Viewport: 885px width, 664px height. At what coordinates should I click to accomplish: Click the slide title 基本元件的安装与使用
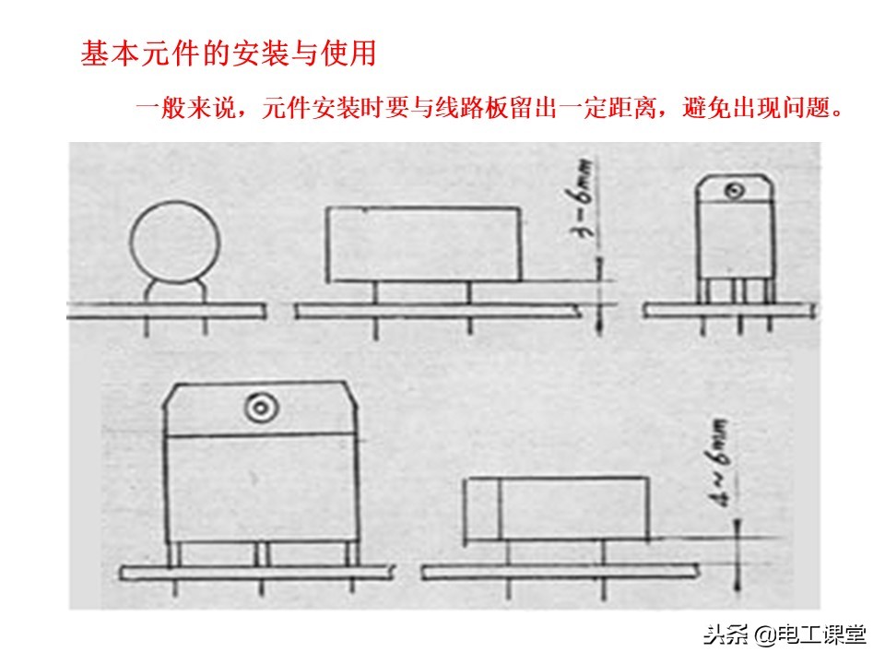[229, 53]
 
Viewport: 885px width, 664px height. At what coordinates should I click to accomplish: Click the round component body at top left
[174, 241]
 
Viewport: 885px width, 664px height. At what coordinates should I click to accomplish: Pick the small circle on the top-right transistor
[734, 191]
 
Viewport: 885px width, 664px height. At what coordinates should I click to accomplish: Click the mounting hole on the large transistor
[259, 407]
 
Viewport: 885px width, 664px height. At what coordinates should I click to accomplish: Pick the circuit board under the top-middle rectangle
[438, 313]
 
